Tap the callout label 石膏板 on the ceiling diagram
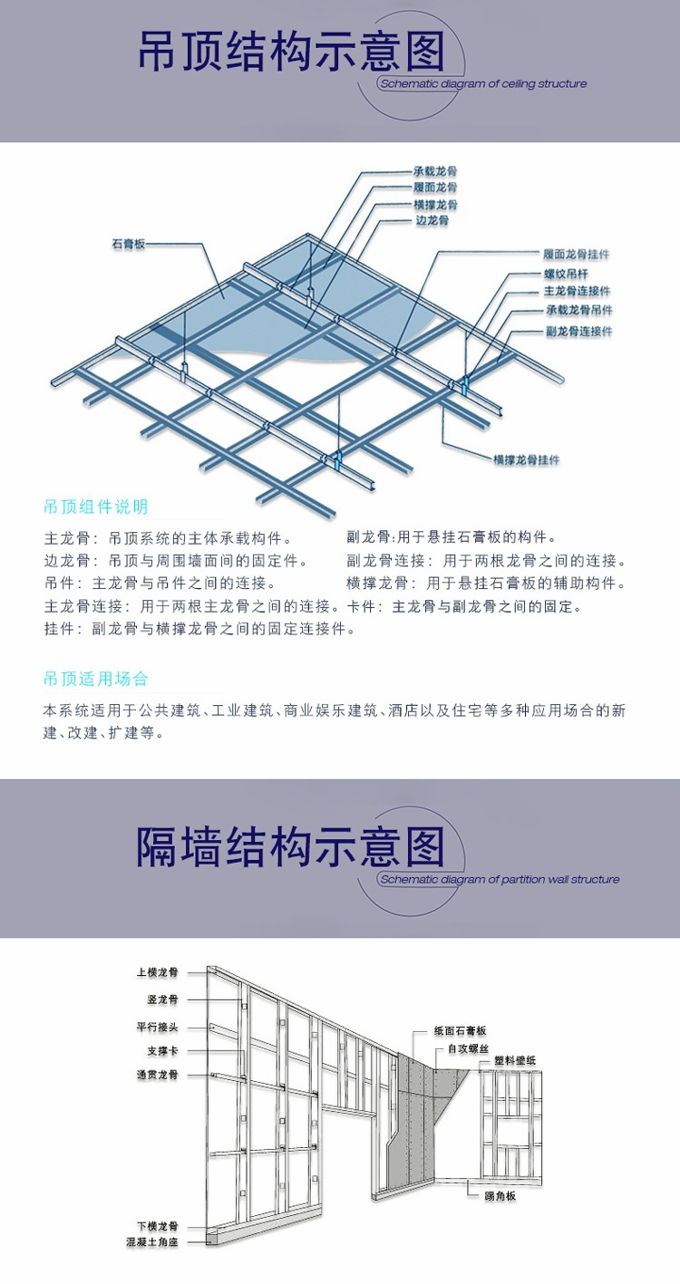[129, 245]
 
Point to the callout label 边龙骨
[432, 220]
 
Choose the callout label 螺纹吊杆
[566, 273]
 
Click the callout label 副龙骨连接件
[578, 331]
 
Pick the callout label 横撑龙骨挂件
[526, 459]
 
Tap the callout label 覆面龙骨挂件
[576, 255]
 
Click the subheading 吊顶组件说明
[96, 507]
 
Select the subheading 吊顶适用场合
[96, 679]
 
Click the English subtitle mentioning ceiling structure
[484, 83]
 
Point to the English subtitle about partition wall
[500, 879]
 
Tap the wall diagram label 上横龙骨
[158, 972]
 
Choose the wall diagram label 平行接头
[158, 1028]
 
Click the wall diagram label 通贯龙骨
[158, 1075]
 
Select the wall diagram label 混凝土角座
[152, 1242]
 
